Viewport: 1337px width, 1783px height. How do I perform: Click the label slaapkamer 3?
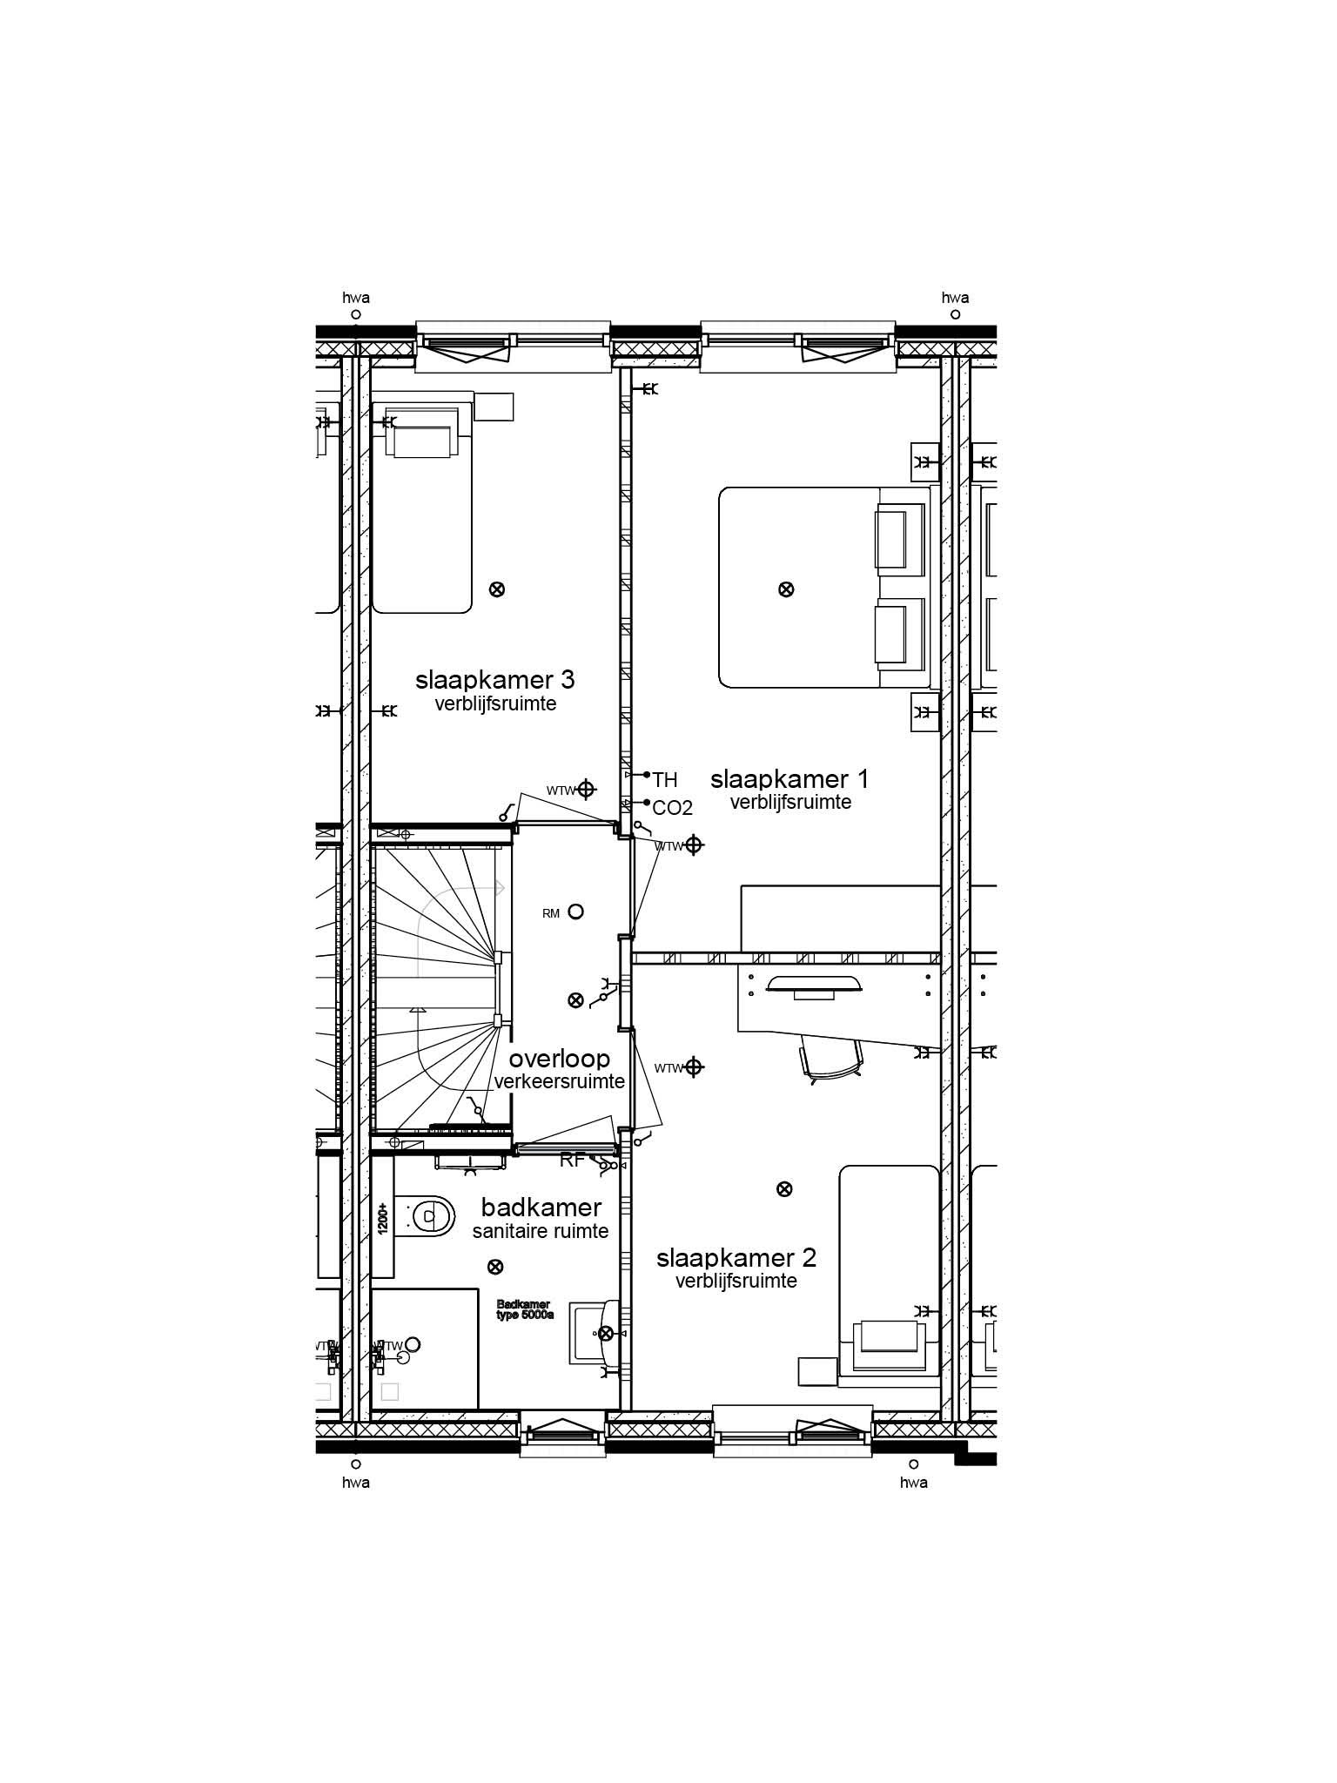click(x=494, y=679)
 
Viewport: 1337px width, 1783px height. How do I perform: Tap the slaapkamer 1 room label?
click(x=789, y=778)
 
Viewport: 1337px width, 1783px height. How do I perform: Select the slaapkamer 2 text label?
click(x=736, y=1258)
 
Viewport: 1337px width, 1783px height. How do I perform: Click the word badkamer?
click(x=541, y=1208)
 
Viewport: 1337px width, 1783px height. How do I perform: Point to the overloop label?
click(x=559, y=1060)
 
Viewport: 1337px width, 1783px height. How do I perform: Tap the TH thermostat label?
click(x=665, y=780)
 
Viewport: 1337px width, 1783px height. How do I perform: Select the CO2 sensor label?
click(x=672, y=808)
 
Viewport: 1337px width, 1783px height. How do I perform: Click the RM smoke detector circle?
click(x=575, y=912)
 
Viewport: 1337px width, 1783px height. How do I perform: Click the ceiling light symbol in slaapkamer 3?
click(x=497, y=589)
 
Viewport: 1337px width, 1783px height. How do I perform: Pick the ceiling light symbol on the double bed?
click(x=785, y=589)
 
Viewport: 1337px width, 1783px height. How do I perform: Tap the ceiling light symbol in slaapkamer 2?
click(x=784, y=1188)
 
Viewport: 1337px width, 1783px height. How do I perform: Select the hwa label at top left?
click(x=356, y=298)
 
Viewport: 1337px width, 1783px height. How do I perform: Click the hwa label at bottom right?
click(x=913, y=1482)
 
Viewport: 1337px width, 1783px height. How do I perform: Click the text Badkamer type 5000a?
click(x=525, y=1309)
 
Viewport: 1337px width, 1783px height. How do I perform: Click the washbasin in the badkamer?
click(x=595, y=1332)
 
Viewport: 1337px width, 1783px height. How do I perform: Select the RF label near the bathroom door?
click(x=572, y=1160)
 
